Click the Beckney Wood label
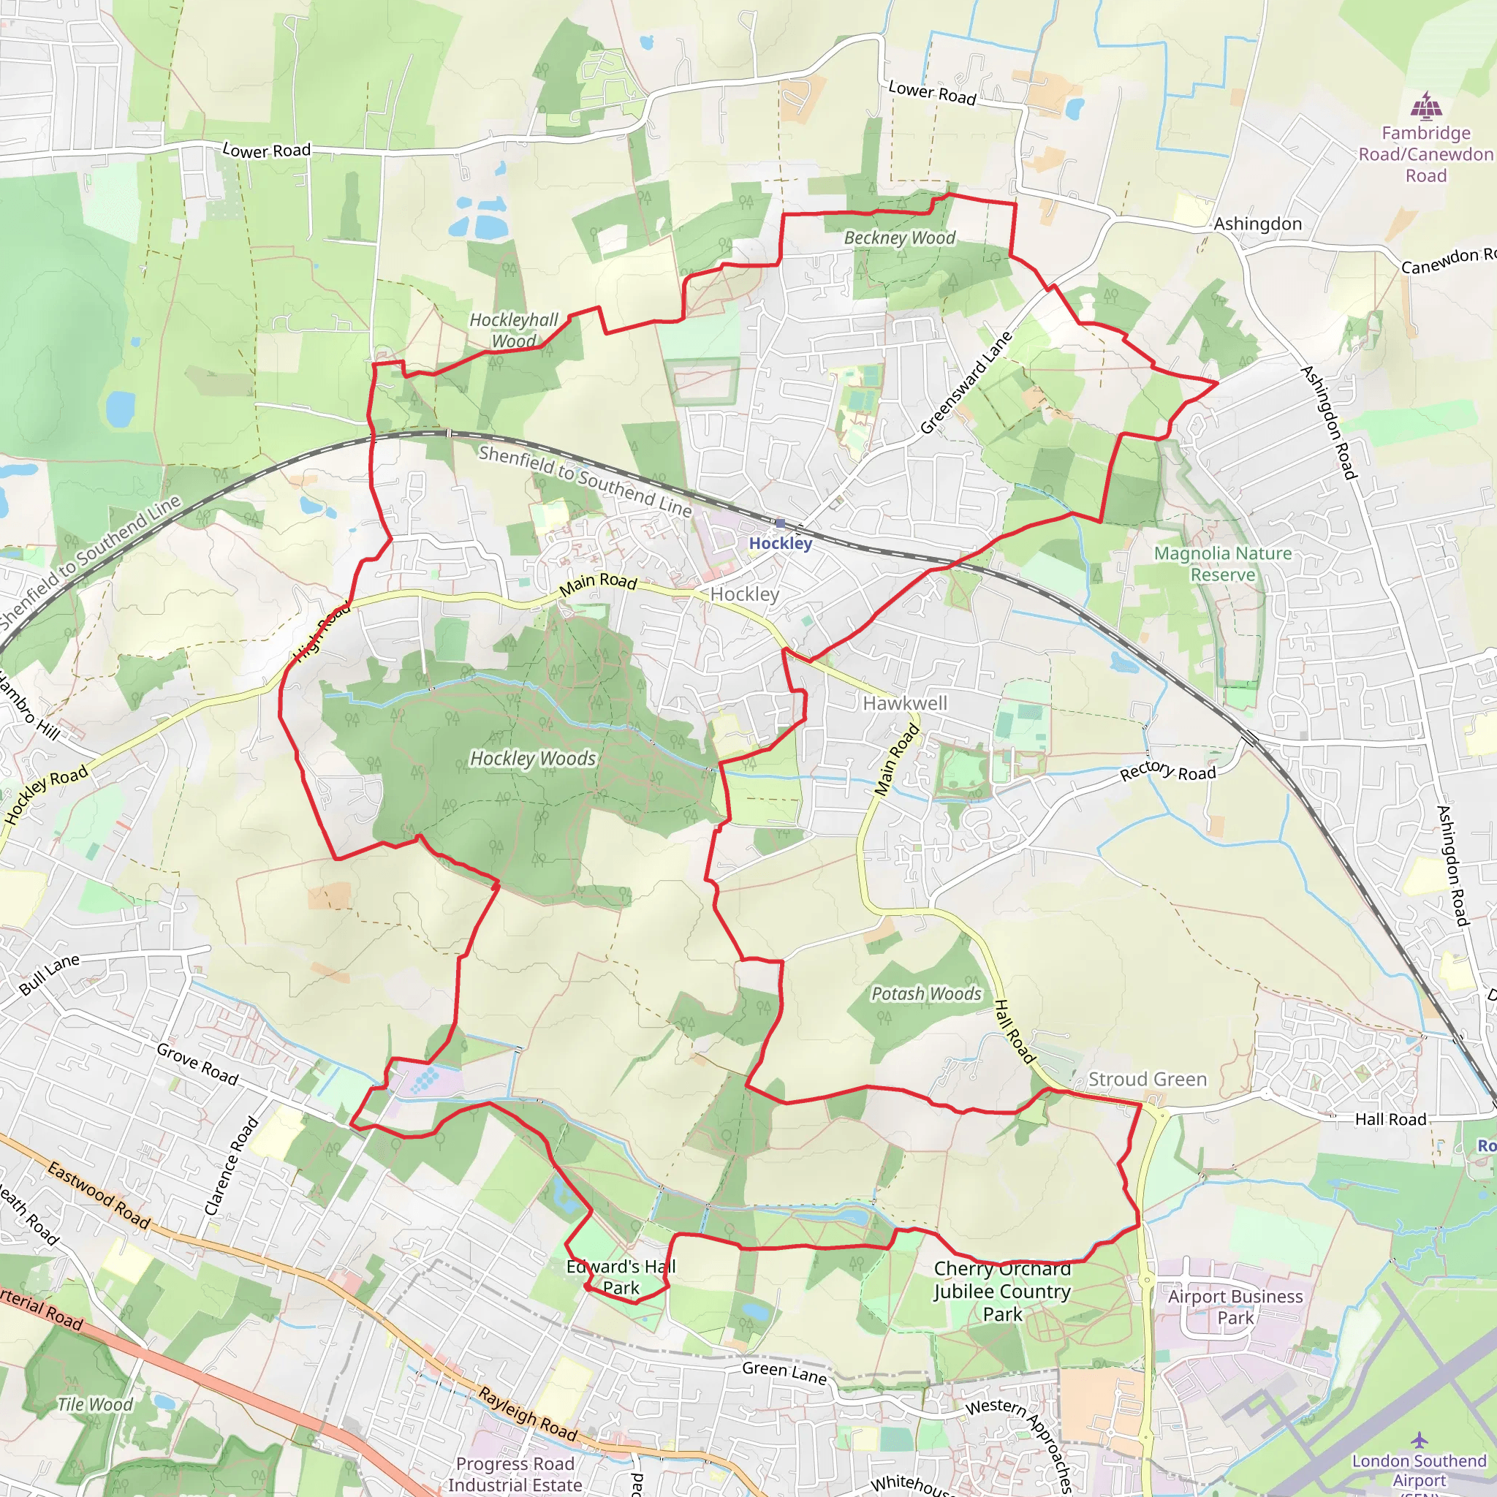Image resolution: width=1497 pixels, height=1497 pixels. pos(900,238)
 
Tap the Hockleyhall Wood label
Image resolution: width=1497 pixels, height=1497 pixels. pos(514,330)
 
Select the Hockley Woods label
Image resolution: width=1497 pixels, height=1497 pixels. pos(533,759)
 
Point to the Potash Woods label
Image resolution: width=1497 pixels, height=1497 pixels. pos(926,993)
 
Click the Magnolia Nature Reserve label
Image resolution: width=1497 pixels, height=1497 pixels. pos(1223,564)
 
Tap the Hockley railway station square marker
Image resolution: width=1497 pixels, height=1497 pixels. pos(780,524)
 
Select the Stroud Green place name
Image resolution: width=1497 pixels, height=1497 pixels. pos(1148,1080)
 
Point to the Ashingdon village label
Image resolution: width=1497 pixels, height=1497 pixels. pos(1257,224)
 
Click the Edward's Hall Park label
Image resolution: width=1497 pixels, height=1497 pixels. pos(621,1277)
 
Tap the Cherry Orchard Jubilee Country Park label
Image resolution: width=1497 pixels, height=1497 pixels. pos(1002,1292)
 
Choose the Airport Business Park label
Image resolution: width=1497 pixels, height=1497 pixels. pos(1235,1307)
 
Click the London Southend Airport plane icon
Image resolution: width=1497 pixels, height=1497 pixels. pos(1419,1440)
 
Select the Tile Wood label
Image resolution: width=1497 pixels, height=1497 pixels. pos(94,1405)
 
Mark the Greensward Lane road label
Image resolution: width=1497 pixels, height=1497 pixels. pos(966,383)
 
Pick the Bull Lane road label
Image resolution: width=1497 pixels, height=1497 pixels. pos(50,974)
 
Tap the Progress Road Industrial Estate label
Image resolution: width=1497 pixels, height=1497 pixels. pos(515,1474)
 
